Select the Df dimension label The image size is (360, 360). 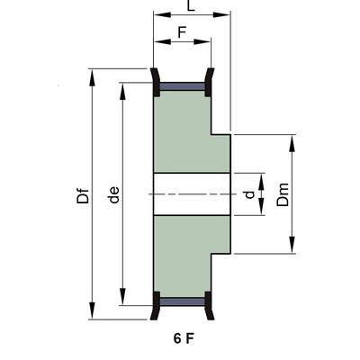84,193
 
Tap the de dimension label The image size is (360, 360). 113,193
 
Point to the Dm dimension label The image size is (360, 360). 283,194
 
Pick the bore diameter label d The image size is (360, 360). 249,193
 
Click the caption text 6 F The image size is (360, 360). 184,341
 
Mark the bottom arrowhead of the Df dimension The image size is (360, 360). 93,314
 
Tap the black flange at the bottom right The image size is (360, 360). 210,306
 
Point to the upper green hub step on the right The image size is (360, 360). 220,151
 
